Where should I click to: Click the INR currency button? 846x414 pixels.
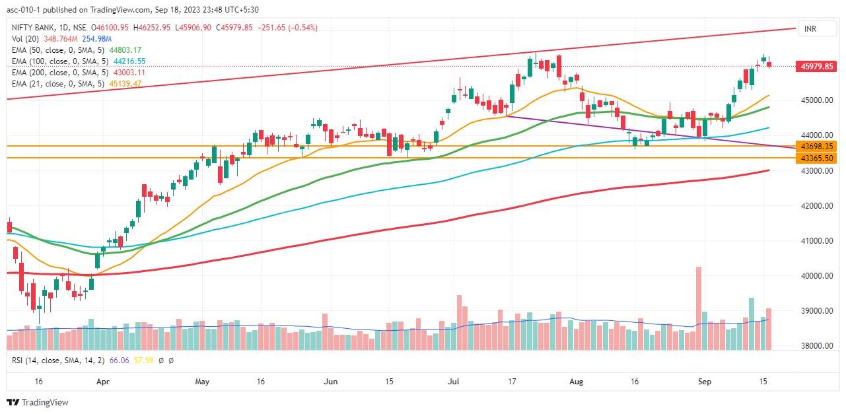click(x=808, y=29)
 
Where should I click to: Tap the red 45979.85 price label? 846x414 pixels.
click(x=818, y=66)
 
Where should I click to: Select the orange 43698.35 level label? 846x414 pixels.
click(x=818, y=145)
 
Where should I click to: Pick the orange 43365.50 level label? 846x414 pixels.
click(x=818, y=158)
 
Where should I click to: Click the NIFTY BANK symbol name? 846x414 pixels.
click(x=33, y=28)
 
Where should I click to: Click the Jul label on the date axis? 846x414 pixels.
click(x=454, y=382)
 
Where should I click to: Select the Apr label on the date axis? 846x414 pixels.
click(x=102, y=382)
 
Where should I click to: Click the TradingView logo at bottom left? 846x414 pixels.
click(x=38, y=402)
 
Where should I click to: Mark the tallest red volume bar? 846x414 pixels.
click(x=698, y=308)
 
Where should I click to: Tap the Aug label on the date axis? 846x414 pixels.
click(x=577, y=382)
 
